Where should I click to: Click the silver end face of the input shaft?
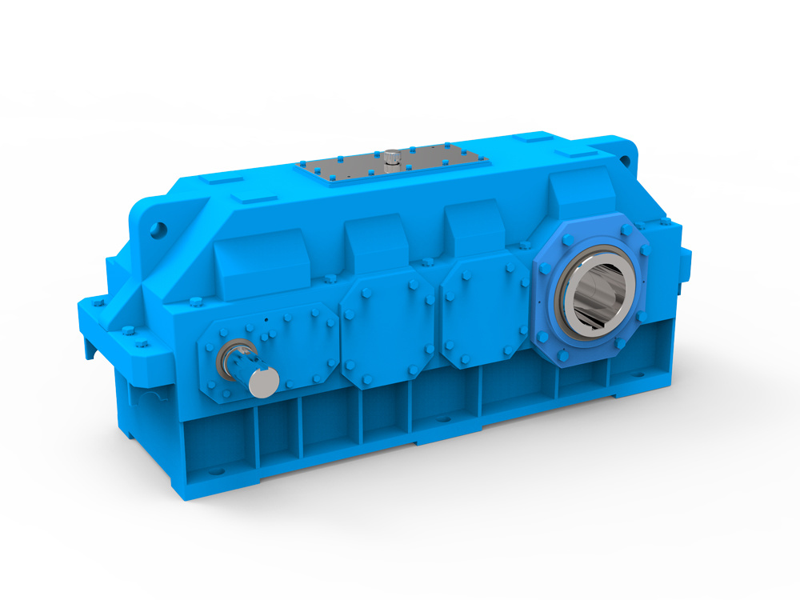click(x=263, y=382)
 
